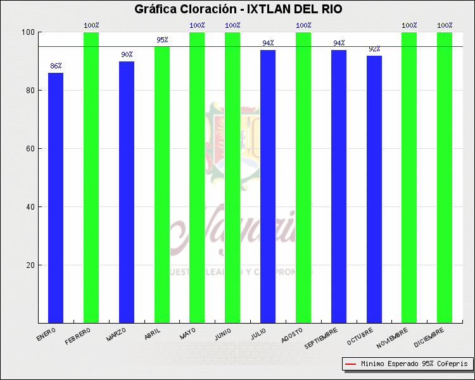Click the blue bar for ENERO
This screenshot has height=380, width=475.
click(x=56, y=198)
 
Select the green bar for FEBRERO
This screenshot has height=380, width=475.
click(x=91, y=177)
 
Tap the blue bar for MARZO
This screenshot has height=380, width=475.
click(x=127, y=192)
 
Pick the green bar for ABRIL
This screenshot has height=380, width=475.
click(x=162, y=184)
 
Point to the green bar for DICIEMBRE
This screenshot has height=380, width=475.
click(x=445, y=177)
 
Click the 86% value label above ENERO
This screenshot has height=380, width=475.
click(x=56, y=66)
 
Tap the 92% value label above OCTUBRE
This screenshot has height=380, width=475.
click(x=374, y=49)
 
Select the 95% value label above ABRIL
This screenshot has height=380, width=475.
click(x=162, y=40)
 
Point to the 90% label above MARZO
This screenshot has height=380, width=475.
click(x=127, y=54)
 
